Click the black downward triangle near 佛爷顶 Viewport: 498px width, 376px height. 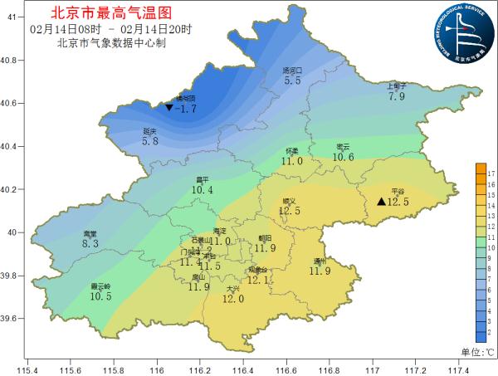pyautogui.click(x=169, y=108)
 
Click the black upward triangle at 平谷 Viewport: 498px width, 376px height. pyautogui.click(x=381, y=202)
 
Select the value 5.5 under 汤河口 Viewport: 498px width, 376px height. pyautogui.click(x=292, y=81)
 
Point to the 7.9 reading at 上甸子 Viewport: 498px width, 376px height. pyautogui.click(x=397, y=96)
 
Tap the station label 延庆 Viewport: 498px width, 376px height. pyautogui.click(x=150, y=131)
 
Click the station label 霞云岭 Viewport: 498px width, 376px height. pyautogui.click(x=100, y=286)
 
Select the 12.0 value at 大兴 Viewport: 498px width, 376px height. pyautogui.click(x=233, y=299)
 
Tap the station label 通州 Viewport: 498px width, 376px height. pyautogui.click(x=320, y=261)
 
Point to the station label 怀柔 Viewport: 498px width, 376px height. pyautogui.click(x=292, y=151)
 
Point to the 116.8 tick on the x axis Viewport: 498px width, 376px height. pyautogui.click(x=330, y=371)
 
